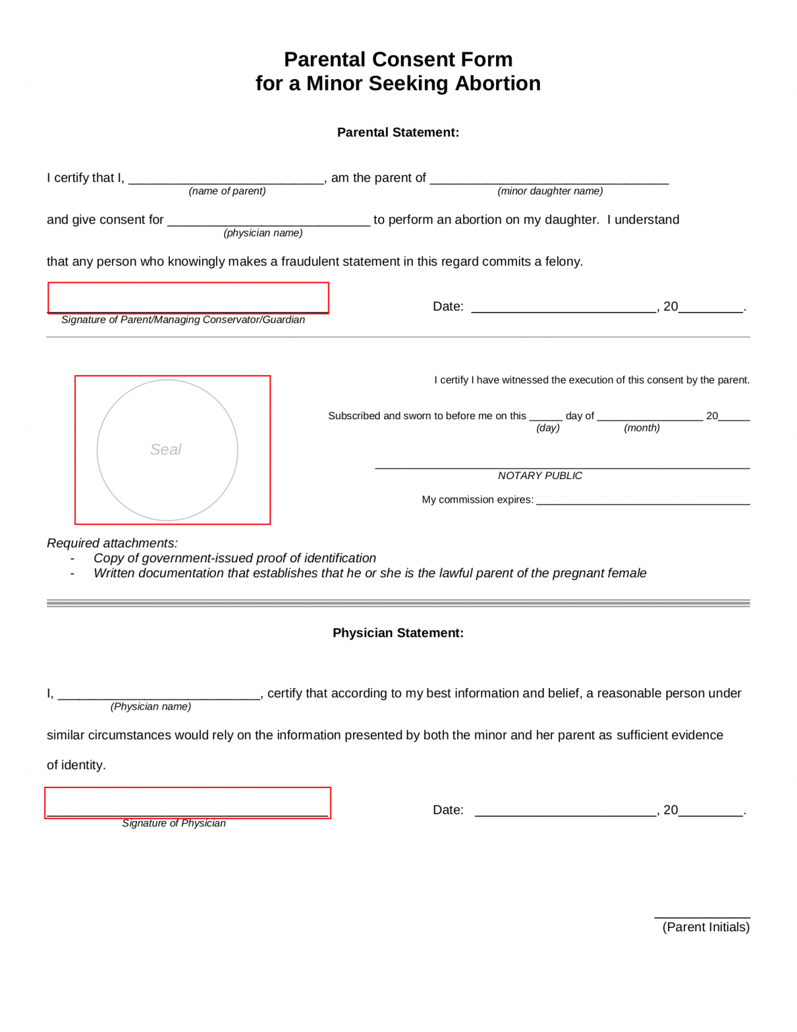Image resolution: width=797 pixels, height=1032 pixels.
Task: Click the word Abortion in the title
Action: [x=498, y=83]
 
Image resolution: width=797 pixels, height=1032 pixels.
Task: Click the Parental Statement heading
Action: [x=398, y=132]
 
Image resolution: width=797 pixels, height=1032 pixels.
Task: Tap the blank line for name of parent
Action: [x=226, y=179]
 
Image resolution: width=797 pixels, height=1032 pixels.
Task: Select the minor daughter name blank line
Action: [x=549, y=179]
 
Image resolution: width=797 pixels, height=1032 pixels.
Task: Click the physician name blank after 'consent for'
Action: [x=269, y=221]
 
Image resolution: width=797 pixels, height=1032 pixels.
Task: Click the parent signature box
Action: [x=188, y=298]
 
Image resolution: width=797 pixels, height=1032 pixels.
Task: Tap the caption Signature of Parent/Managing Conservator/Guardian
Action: [x=183, y=320]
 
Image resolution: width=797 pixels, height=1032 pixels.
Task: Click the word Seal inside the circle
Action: [x=166, y=449]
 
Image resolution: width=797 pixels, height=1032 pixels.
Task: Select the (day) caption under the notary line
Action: [x=548, y=428]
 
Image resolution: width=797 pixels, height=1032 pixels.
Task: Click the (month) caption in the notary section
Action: [x=642, y=428]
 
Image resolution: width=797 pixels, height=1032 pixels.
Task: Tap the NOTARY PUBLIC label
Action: [x=540, y=476]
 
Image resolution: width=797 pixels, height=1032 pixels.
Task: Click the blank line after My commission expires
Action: [x=643, y=501]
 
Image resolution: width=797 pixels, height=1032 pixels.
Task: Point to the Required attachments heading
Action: [x=112, y=543]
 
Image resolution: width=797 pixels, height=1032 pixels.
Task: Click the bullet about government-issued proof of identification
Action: [x=234, y=558]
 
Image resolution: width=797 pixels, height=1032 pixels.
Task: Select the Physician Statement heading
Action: [x=398, y=633]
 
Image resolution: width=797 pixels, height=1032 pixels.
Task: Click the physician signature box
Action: [x=188, y=803]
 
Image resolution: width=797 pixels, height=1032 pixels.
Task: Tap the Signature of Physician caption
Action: [x=174, y=824]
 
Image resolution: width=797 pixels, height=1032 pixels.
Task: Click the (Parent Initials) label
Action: [x=706, y=927]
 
